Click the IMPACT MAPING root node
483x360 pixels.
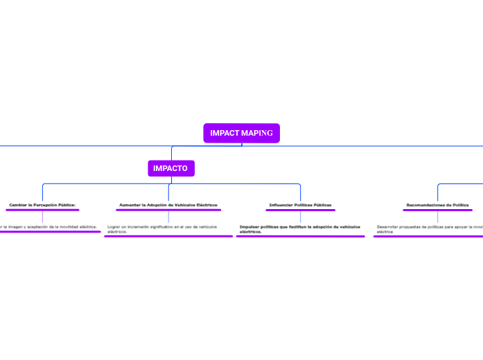241,133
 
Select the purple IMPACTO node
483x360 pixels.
170,168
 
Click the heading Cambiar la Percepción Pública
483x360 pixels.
42,205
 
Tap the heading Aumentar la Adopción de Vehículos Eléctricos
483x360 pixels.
168,205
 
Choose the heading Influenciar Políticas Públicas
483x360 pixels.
300,205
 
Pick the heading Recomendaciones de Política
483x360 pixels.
437,205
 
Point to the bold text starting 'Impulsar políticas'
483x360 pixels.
299,228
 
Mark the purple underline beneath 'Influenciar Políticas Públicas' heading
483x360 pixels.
300,210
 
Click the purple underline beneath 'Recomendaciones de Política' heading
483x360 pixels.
437,210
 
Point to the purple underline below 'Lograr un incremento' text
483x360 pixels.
168,236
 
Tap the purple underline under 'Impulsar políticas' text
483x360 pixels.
300,236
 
